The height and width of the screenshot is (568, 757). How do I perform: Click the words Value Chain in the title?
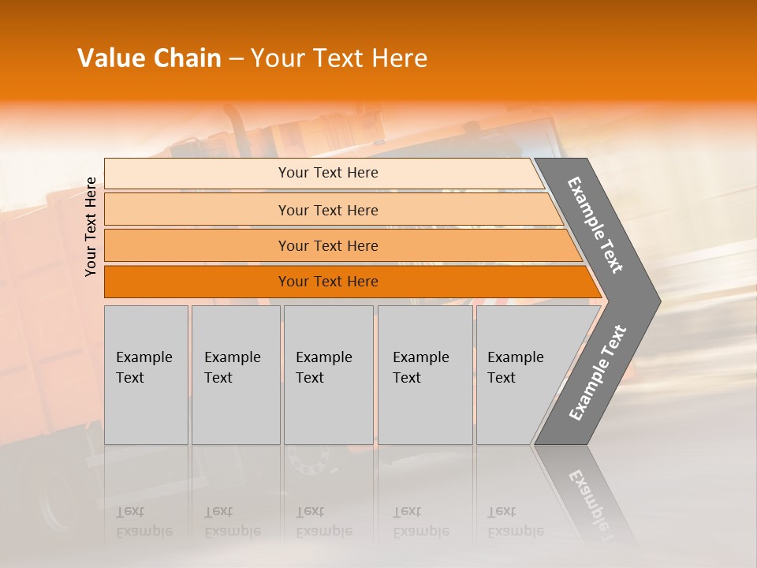pyautogui.click(x=149, y=58)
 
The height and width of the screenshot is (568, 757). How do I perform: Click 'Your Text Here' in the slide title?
pyautogui.click(x=339, y=58)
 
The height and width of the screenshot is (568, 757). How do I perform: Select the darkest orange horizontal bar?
pyautogui.click(x=197, y=282)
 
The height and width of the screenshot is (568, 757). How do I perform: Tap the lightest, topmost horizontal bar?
pyautogui.click(x=197, y=173)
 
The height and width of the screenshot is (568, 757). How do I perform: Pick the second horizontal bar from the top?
pyautogui.click(x=197, y=210)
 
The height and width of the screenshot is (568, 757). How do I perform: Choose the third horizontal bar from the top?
pyautogui.click(x=197, y=245)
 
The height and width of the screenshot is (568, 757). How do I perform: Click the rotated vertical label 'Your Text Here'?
pyautogui.click(x=91, y=226)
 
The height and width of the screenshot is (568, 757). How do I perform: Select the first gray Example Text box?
pyautogui.click(x=146, y=375)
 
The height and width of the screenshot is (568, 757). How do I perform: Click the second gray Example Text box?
pyautogui.click(x=236, y=375)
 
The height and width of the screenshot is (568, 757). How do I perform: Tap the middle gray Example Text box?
pyautogui.click(x=328, y=375)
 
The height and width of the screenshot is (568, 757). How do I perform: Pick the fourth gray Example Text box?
pyautogui.click(x=425, y=375)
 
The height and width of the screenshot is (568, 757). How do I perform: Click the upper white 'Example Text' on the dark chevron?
pyautogui.click(x=595, y=224)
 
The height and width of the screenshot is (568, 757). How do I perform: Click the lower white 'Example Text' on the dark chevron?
pyautogui.click(x=597, y=372)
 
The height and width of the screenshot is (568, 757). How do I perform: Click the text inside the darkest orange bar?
pyautogui.click(x=328, y=282)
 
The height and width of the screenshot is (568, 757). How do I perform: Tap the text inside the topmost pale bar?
pyautogui.click(x=328, y=173)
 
